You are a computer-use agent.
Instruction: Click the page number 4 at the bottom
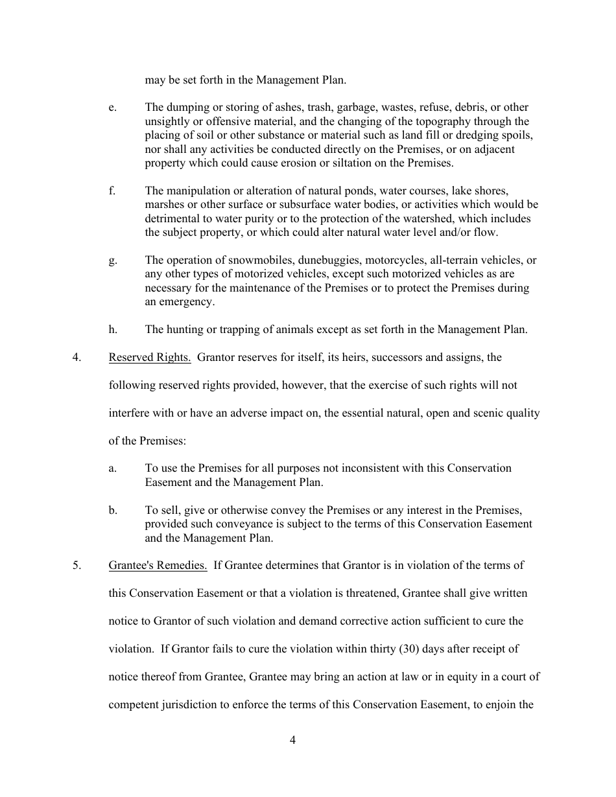click(x=292, y=741)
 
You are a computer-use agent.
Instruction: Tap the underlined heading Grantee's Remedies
click(x=158, y=565)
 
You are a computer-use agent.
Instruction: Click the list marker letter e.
click(x=112, y=108)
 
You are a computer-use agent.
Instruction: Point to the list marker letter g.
click(x=112, y=260)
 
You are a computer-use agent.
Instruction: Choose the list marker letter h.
click(x=113, y=329)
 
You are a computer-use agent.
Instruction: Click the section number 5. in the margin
click(x=77, y=565)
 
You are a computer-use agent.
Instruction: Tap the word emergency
click(x=187, y=302)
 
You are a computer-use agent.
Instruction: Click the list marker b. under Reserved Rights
click(x=113, y=510)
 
